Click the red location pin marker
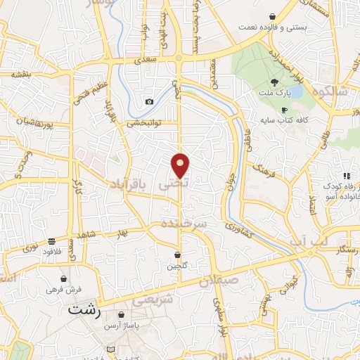[180, 165]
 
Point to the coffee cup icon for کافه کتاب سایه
[284, 110]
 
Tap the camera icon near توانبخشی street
[149, 102]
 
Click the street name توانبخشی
[144, 122]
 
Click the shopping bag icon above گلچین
[178, 254]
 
